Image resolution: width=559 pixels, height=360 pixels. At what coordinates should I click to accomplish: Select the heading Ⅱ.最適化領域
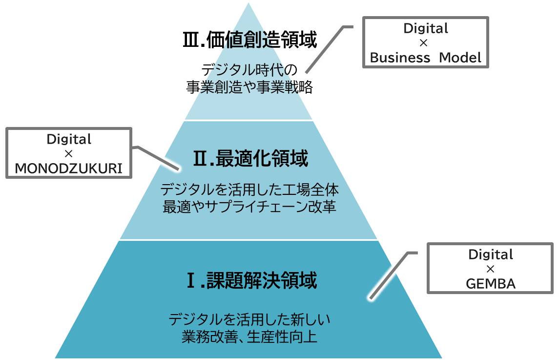(x=250, y=159)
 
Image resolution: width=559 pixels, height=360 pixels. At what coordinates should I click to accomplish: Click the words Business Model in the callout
(x=425, y=57)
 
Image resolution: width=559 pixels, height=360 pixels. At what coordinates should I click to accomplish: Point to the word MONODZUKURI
(x=68, y=168)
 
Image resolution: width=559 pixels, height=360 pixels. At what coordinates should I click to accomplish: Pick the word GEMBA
(x=491, y=283)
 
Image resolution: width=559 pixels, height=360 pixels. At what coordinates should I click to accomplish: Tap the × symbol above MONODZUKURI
(x=68, y=154)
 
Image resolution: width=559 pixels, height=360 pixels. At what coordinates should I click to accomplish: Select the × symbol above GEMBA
(x=491, y=269)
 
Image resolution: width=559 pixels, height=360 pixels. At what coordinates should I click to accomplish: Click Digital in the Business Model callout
(x=425, y=28)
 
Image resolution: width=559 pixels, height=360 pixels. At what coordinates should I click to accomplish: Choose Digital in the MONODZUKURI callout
(x=69, y=139)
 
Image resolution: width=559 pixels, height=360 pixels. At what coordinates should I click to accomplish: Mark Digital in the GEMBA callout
(x=491, y=254)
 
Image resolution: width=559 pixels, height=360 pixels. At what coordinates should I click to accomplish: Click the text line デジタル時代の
(x=249, y=69)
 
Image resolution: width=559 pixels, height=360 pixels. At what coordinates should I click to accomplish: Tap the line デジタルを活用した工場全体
(x=249, y=189)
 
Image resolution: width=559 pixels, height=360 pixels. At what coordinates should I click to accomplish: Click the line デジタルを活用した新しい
(x=249, y=320)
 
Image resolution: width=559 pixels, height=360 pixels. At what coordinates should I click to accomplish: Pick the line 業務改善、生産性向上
(x=249, y=337)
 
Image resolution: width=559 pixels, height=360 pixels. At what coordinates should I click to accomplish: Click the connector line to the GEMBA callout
(x=391, y=276)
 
